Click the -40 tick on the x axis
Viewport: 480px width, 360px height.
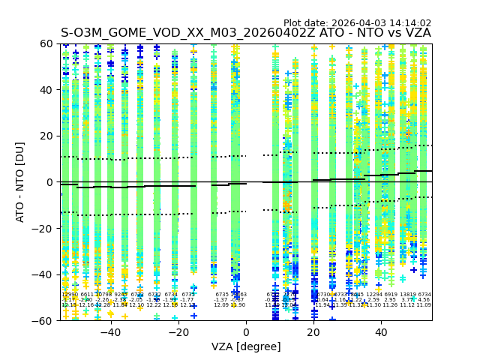pyautogui.click(x=110, y=321)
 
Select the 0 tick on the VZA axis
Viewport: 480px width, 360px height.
pyautogui.click(x=246, y=321)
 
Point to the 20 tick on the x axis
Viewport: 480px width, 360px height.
pyautogui.click(x=313, y=321)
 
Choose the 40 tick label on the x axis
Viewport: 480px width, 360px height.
pyautogui.click(x=381, y=332)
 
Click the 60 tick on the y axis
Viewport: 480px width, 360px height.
pyautogui.click(x=60, y=43)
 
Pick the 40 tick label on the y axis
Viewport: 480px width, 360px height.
pyautogui.click(x=49, y=90)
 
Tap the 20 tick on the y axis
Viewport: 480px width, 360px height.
pyautogui.click(x=60, y=136)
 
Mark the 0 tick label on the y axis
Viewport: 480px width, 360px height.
pyautogui.click(x=52, y=182)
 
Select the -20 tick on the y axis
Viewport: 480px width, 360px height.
pyautogui.click(x=60, y=228)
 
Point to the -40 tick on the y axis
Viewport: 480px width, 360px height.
pyautogui.click(x=60, y=274)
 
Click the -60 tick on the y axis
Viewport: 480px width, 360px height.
pyautogui.click(x=60, y=320)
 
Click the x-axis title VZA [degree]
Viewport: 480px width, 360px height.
pyautogui.click(x=246, y=346)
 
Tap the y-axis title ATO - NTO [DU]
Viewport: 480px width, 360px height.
pyautogui.click(x=21, y=182)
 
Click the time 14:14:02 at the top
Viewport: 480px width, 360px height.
pyautogui.click(x=410, y=23)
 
